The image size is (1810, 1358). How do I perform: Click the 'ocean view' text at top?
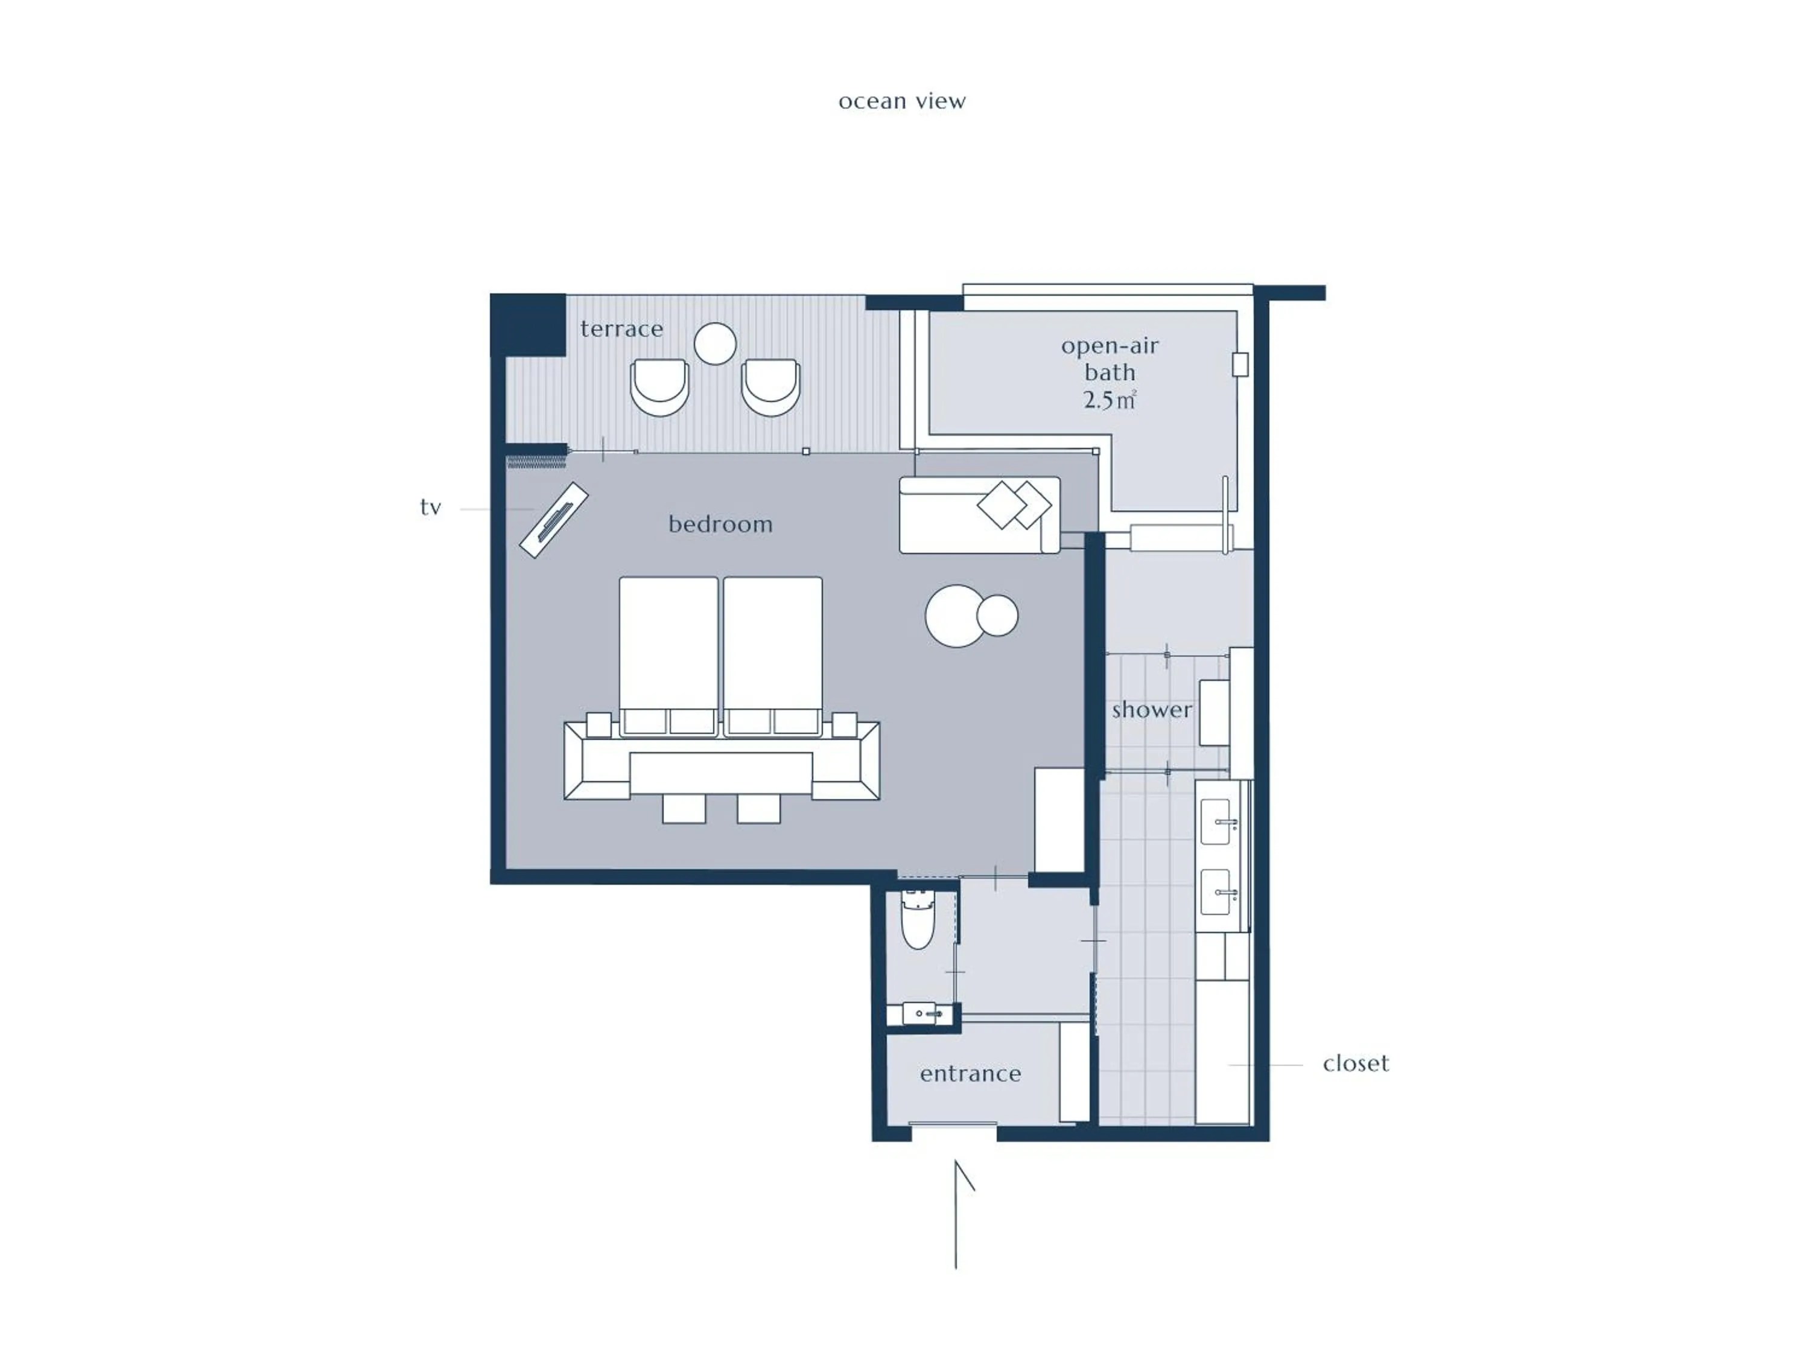902,101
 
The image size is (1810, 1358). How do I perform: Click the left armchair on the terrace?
659,387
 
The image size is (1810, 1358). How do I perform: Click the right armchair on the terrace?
770,387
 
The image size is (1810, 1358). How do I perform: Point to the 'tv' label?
430,508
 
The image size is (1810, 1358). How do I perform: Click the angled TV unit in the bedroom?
554,521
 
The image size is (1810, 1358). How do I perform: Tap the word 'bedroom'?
720,524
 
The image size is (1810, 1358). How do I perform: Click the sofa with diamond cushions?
979,515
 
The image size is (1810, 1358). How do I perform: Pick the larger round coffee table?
954,616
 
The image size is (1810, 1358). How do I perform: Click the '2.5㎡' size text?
1109,400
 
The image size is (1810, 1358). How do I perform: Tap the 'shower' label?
1151,710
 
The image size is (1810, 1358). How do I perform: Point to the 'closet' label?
1355,1063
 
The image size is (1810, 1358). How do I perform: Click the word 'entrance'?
970,1073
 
